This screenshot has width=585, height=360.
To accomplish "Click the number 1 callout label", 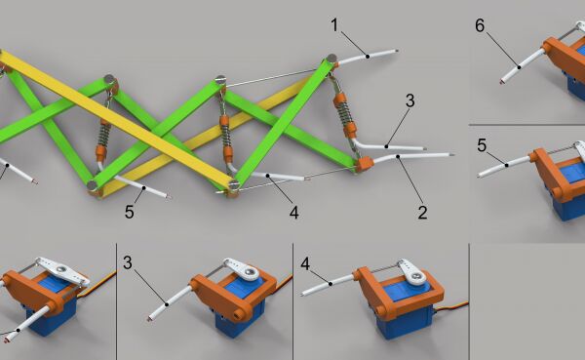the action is point(334,25).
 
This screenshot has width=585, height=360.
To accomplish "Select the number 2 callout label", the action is point(422,213).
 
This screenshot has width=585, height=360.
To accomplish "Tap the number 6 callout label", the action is point(480,25).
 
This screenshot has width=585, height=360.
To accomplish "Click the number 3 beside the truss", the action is point(410,100).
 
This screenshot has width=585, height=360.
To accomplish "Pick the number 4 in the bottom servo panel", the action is point(305,264).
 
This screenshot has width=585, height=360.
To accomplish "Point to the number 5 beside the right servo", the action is point(482,145).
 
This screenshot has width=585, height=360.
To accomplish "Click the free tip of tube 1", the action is point(397,51).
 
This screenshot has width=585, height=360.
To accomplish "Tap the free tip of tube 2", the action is point(452,154).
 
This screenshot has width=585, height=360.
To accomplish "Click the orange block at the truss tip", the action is point(364,164).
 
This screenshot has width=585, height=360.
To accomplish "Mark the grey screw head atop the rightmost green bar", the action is point(331,59).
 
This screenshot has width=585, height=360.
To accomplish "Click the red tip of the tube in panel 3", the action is point(150,319).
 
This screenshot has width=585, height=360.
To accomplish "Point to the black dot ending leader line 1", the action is point(368,57).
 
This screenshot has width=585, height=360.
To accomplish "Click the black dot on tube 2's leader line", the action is point(398,156).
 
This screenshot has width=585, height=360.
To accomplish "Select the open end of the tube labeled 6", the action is point(502,81).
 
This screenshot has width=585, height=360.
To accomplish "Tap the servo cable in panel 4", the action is point(453,307).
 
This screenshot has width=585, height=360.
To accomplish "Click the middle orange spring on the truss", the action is point(225,139).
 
